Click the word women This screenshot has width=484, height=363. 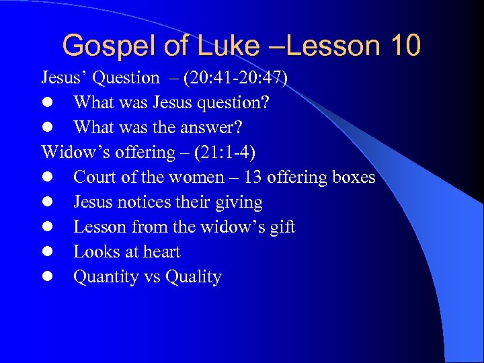(x=192, y=177)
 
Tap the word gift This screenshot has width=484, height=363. (x=282, y=227)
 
